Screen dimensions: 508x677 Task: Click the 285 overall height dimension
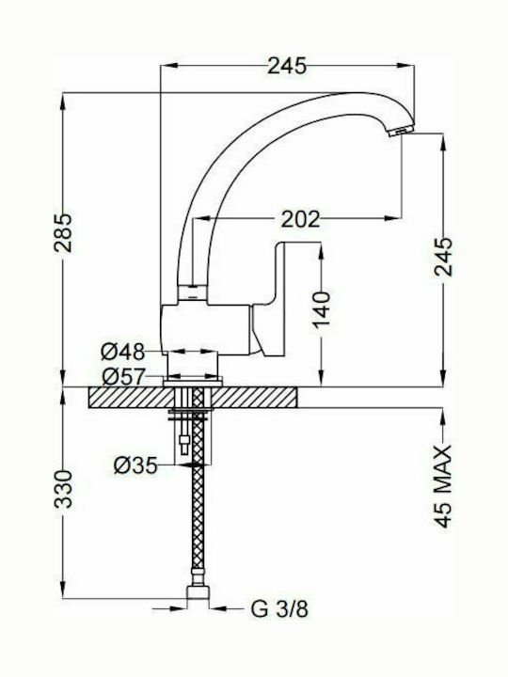tap(63, 233)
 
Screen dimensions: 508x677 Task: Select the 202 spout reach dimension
tap(301, 219)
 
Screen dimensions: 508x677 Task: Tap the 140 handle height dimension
tap(322, 310)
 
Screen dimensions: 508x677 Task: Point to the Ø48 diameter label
tap(122, 352)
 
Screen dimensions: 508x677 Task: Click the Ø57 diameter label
tap(122, 377)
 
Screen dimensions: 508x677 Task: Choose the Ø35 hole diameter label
tap(135, 465)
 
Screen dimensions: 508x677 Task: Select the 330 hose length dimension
tap(63, 489)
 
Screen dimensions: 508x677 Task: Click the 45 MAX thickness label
tap(443, 487)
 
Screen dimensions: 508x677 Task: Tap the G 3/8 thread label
tap(279, 608)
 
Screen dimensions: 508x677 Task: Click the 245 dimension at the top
tap(287, 66)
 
